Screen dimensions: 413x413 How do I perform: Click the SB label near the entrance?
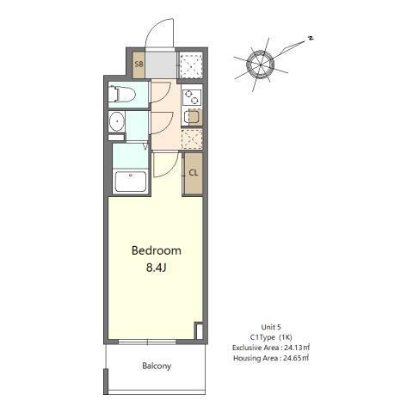point(139,65)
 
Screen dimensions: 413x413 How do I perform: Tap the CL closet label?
point(194,172)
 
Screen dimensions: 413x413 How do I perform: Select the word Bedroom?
point(156,250)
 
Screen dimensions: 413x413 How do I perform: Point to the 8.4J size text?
point(156,268)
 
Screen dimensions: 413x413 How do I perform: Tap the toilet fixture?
point(121,95)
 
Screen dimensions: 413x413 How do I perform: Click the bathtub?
point(131,182)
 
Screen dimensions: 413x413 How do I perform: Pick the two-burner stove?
point(192,94)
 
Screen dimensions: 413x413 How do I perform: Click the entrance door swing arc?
point(160,34)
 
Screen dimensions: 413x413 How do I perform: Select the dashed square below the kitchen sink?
point(193,138)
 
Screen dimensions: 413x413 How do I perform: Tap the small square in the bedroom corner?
point(199,330)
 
